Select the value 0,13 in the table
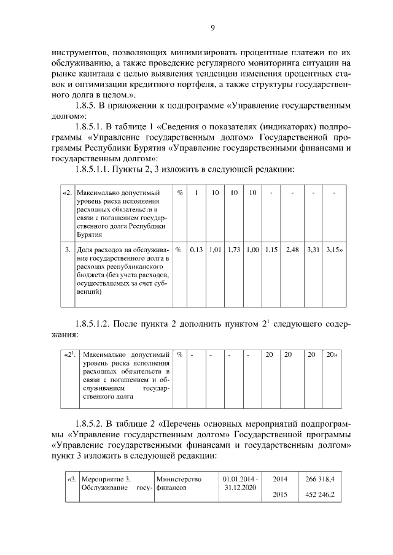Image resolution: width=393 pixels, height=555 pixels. (x=196, y=250)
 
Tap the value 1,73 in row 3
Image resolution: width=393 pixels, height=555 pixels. (x=233, y=250)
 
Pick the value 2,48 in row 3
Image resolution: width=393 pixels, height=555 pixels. (x=292, y=250)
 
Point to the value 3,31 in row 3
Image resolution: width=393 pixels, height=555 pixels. (x=313, y=250)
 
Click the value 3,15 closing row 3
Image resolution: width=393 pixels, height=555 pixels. (x=335, y=250)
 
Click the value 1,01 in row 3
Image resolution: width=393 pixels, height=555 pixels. (x=215, y=250)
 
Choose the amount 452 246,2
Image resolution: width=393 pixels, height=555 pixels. (x=319, y=494)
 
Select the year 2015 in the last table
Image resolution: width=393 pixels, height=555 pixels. (x=279, y=494)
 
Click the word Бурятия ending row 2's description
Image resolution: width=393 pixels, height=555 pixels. (x=89, y=234)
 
